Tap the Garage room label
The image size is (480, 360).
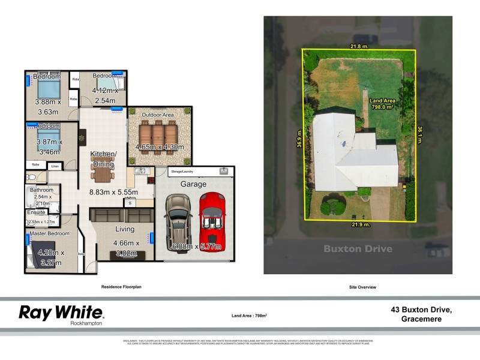pos(193,184)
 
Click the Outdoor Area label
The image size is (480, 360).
pos(158,115)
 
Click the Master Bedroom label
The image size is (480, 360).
pos(50,233)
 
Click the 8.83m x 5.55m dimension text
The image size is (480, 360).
pos(114,192)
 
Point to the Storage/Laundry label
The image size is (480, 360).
pos(185,171)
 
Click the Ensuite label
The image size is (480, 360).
pos(37,212)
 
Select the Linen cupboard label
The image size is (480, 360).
pos(55,166)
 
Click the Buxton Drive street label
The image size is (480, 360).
pos(358,248)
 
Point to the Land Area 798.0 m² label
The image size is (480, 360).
pos(381,104)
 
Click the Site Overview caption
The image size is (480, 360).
pos(362,287)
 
